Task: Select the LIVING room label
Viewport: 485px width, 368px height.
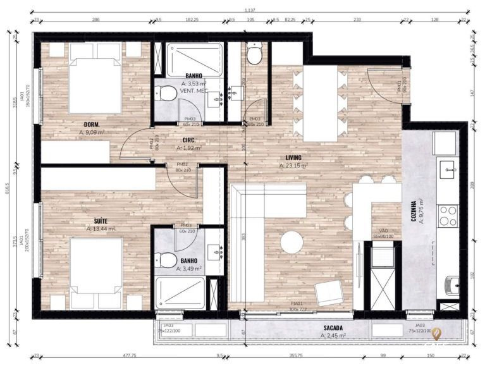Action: [x=293, y=157]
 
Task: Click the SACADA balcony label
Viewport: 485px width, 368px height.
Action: [x=333, y=328]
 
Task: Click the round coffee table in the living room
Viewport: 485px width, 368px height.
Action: [x=292, y=242]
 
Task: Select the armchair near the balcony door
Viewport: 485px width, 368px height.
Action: [x=329, y=293]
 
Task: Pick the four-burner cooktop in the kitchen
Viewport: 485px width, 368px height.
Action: [x=448, y=215]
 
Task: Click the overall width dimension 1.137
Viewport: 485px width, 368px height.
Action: [x=252, y=9]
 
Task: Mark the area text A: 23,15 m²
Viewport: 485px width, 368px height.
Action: [x=293, y=166]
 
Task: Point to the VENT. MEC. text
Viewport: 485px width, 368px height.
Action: [x=193, y=91]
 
